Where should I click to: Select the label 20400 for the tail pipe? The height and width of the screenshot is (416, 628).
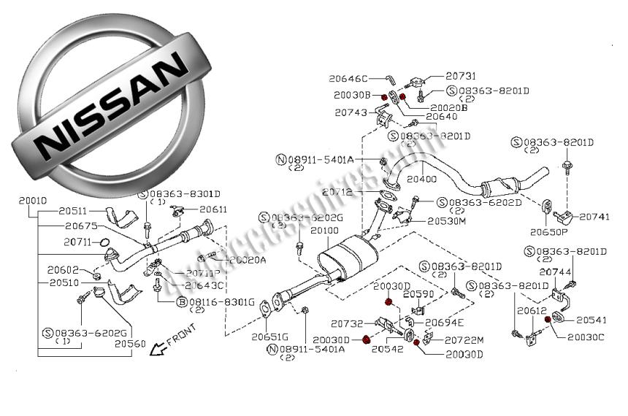(421, 178)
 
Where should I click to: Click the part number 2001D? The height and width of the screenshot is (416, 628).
(33, 200)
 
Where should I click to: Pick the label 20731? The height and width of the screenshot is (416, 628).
(460, 76)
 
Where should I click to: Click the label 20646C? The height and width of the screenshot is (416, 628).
(348, 78)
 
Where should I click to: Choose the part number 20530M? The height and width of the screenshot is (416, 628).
(446, 220)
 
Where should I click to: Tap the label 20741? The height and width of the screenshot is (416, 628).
(598, 217)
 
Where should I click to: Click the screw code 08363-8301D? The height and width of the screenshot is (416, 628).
(185, 194)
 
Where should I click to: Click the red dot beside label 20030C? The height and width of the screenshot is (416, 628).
(546, 336)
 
